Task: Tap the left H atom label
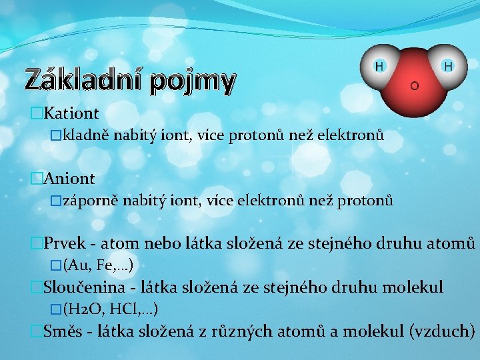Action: click(x=379, y=67)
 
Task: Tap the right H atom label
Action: click(x=448, y=67)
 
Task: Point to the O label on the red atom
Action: click(x=414, y=87)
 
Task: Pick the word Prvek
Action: click(x=63, y=244)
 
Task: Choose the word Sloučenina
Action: click(x=79, y=288)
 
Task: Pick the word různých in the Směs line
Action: click(x=228, y=331)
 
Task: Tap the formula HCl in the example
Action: click(x=123, y=309)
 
